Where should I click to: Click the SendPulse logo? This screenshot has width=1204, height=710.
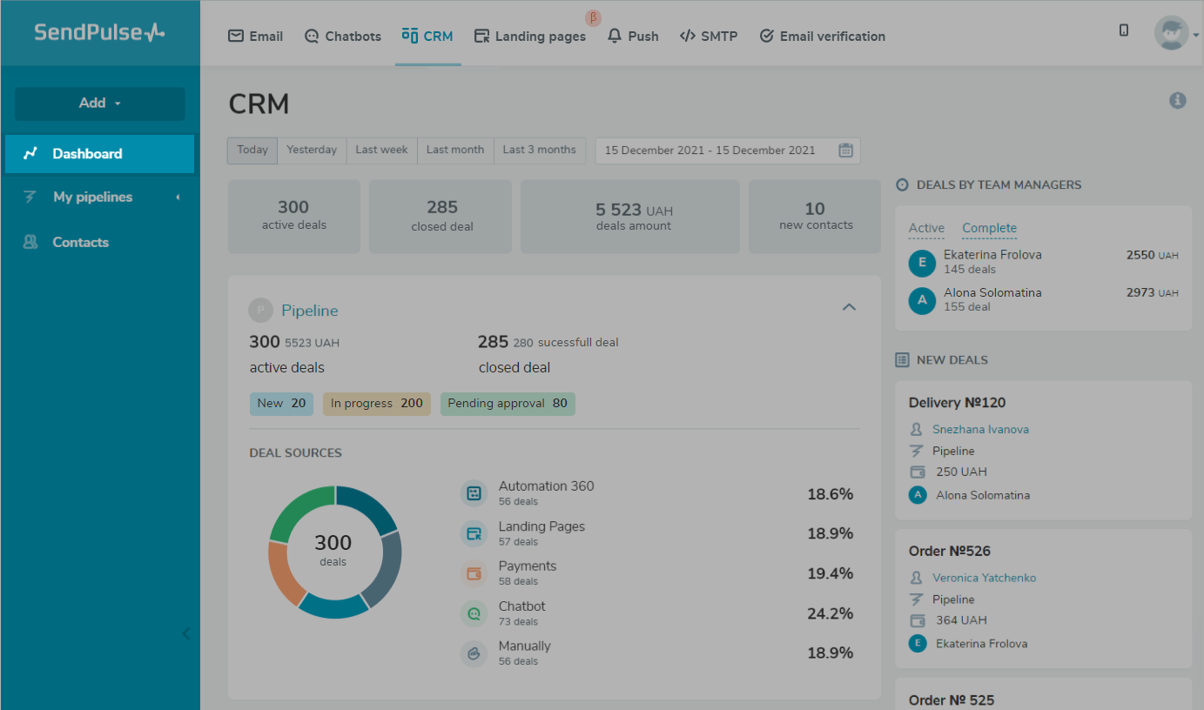click(99, 33)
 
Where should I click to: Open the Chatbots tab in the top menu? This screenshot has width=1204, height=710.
click(343, 37)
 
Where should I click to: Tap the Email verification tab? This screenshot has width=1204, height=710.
click(822, 37)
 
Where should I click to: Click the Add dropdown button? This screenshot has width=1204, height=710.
click(100, 104)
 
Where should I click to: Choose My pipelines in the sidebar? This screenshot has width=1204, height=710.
click(92, 198)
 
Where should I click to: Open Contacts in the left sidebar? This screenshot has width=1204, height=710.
click(80, 243)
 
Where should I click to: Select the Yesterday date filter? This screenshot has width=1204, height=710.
click(312, 150)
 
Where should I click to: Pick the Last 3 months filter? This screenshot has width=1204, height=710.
click(539, 150)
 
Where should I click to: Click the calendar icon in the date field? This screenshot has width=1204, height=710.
click(845, 151)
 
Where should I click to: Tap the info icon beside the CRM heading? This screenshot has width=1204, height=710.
click(1177, 101)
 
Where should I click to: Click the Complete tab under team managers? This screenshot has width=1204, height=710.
click(989, 228)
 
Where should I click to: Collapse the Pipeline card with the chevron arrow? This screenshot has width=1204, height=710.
click(849, 307)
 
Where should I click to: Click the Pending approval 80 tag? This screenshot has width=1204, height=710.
click(508, 404)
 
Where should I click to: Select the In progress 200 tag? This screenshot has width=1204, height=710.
click(376, 404)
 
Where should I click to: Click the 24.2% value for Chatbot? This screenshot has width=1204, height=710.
click(829, 613)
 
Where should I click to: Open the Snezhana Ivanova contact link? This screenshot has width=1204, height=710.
click(980, 430)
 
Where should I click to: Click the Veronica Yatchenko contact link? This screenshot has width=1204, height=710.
click(984, 578)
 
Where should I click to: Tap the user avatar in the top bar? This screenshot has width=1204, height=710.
click(1171, 33)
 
